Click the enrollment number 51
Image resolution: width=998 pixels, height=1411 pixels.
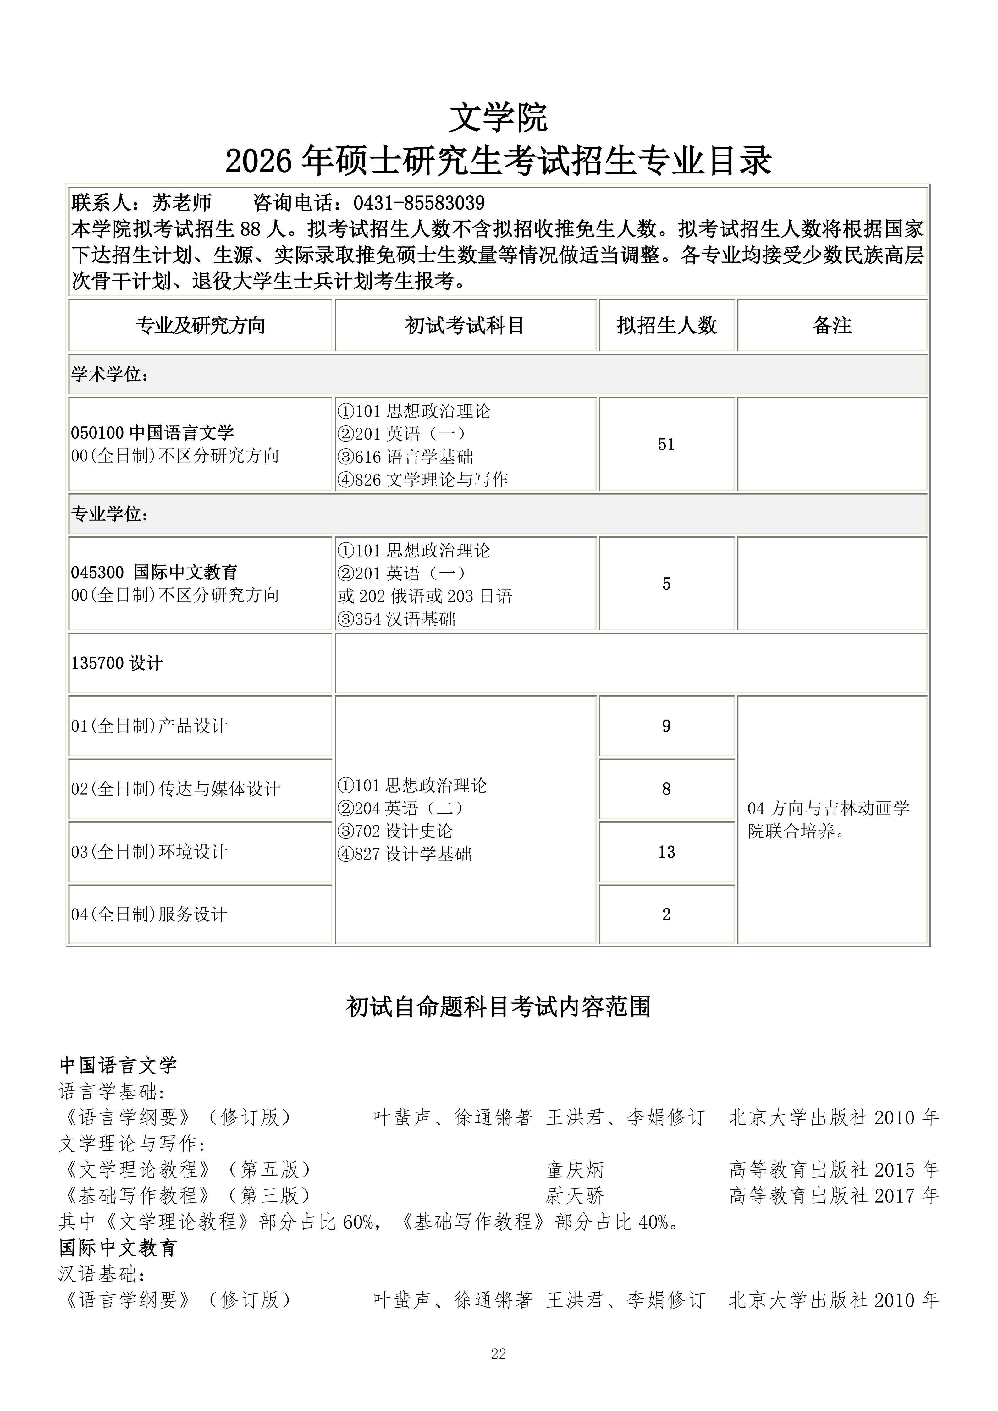666,444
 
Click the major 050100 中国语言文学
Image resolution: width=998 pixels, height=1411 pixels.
152,433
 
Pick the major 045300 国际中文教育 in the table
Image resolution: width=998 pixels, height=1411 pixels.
154,572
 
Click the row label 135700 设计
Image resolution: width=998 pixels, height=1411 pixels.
117,663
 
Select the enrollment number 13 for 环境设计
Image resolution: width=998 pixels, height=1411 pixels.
666,852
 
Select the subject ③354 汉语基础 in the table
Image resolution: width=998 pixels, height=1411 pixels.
396,619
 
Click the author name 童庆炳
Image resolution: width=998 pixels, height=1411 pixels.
575,1169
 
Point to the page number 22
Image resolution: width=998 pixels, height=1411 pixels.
499,1371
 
